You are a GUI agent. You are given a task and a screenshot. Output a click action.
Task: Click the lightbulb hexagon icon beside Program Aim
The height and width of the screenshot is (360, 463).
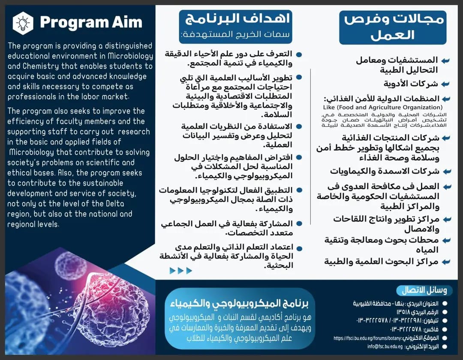click(23, 23)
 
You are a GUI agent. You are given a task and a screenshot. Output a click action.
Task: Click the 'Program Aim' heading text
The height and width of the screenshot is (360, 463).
click(91, 23)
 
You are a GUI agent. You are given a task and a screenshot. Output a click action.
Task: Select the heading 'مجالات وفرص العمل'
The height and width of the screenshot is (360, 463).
click(393, 26)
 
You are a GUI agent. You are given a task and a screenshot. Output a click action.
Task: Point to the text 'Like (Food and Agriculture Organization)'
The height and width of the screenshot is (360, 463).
click(383, 107)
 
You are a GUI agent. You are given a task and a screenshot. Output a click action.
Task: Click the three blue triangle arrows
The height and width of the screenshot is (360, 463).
click(180, 270)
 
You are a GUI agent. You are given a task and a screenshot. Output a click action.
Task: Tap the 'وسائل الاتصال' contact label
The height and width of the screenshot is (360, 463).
click(424, 291)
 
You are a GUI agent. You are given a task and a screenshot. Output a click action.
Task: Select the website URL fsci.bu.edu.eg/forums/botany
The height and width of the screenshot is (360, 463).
click(367, 338)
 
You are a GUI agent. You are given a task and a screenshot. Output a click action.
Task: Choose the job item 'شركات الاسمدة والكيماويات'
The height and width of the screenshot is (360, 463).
click(385, 171)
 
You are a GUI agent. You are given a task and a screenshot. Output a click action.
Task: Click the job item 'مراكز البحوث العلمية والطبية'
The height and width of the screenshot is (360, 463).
click(381, 261)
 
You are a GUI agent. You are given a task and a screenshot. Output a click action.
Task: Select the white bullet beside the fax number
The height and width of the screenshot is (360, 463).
click(445, 329)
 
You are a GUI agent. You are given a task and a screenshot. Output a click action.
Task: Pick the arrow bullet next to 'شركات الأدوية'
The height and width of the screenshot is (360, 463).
click(446, 84)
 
